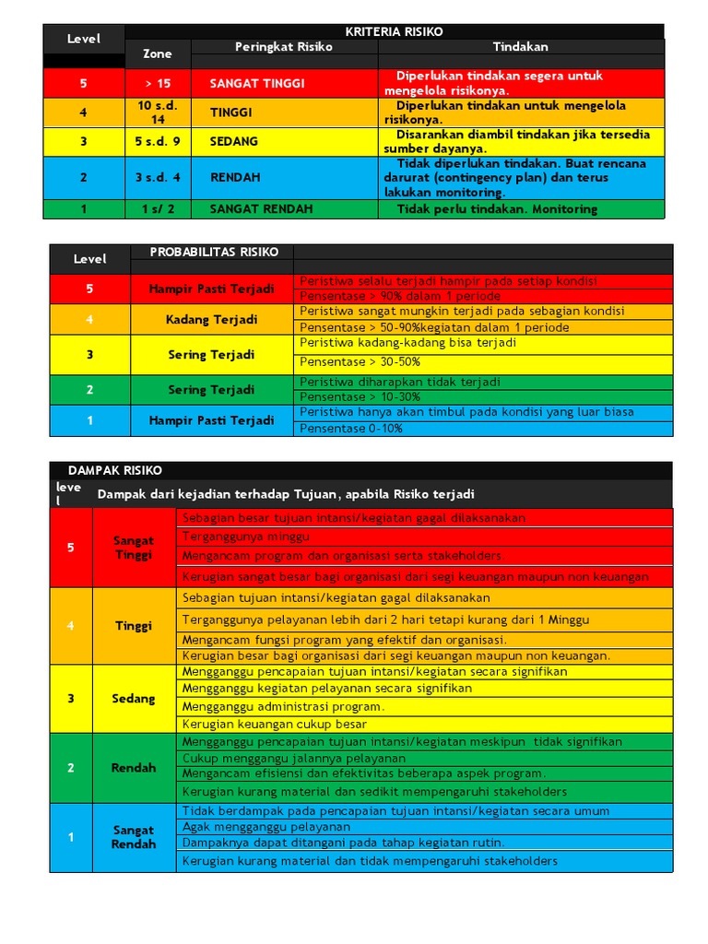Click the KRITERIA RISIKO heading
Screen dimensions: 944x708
pyautogui.click(x=394, y=31)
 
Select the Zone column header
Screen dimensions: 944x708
pyautogui.click(x=158, y=53)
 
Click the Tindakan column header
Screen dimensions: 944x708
pyautogui.click(x=520, y=46)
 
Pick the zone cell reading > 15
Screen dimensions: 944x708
pyautogui.click(x=158, y=83)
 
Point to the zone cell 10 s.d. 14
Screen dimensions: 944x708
pyautogui.click(x=158, y=112)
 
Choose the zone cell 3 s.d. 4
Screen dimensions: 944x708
pyautogui.click(x=158, y=177)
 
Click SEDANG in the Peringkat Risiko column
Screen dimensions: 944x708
pyautogui.click(x=234, y=142)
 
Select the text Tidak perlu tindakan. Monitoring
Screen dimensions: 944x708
pyautogui.click(x=497, y=209)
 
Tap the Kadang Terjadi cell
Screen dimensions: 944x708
pyautogui.click(x=211, y=320)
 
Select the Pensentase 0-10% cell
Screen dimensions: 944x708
pyautogui.click(x=351, y=429)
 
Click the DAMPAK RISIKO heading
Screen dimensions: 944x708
pyautogui.click(x=114, y=470)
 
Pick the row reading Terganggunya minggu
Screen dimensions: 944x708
pyautogui.click(x=246, y=536)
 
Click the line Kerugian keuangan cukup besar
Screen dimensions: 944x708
pyautogui.click(x=275, y=724)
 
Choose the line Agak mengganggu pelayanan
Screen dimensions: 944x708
pyautogui.click(x=266, y=827)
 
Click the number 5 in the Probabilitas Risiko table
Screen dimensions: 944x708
pyautogui.click(x=89, y=289)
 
